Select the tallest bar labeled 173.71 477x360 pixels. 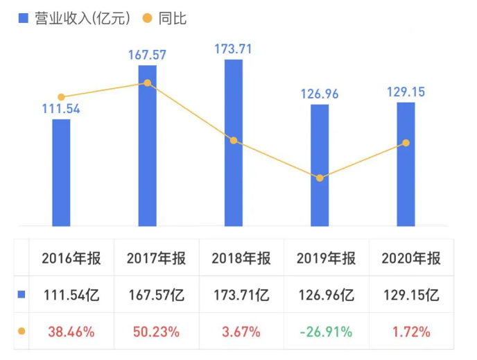point(234,142)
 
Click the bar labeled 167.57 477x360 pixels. point(147,145)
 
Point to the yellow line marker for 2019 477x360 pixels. point(320,178)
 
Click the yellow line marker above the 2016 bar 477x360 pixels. point(61,97)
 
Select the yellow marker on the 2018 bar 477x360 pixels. point(234,140)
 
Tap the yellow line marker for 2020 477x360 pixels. point(406,143)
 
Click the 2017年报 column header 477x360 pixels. point(156,259)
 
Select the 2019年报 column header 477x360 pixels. point(327,259)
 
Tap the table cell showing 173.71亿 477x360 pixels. point(241,295)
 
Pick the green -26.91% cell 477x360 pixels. point(326,332)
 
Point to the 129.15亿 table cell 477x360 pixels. point(411,295)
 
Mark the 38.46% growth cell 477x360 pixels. point(71,332)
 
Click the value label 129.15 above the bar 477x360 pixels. point(406,92)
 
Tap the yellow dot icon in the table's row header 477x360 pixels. point(21,332)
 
